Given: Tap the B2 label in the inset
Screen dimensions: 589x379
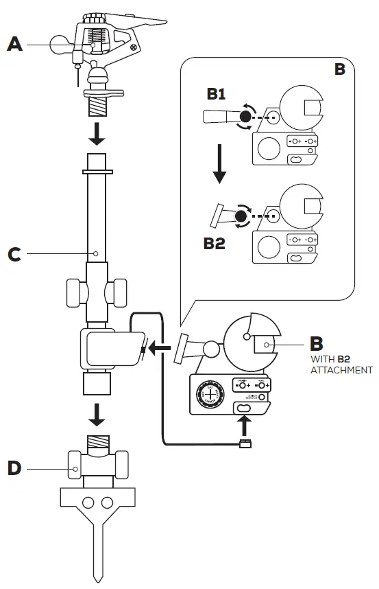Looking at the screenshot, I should point(214,243).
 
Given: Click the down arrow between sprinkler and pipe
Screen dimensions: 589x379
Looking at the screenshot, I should point(97,135).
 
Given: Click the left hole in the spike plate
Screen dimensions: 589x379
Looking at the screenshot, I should point(88,503).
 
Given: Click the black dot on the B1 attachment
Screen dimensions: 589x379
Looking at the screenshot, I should point(243,118).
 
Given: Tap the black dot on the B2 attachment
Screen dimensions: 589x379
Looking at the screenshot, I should point(241,218).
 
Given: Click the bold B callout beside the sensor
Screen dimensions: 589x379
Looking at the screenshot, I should point(317,341).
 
